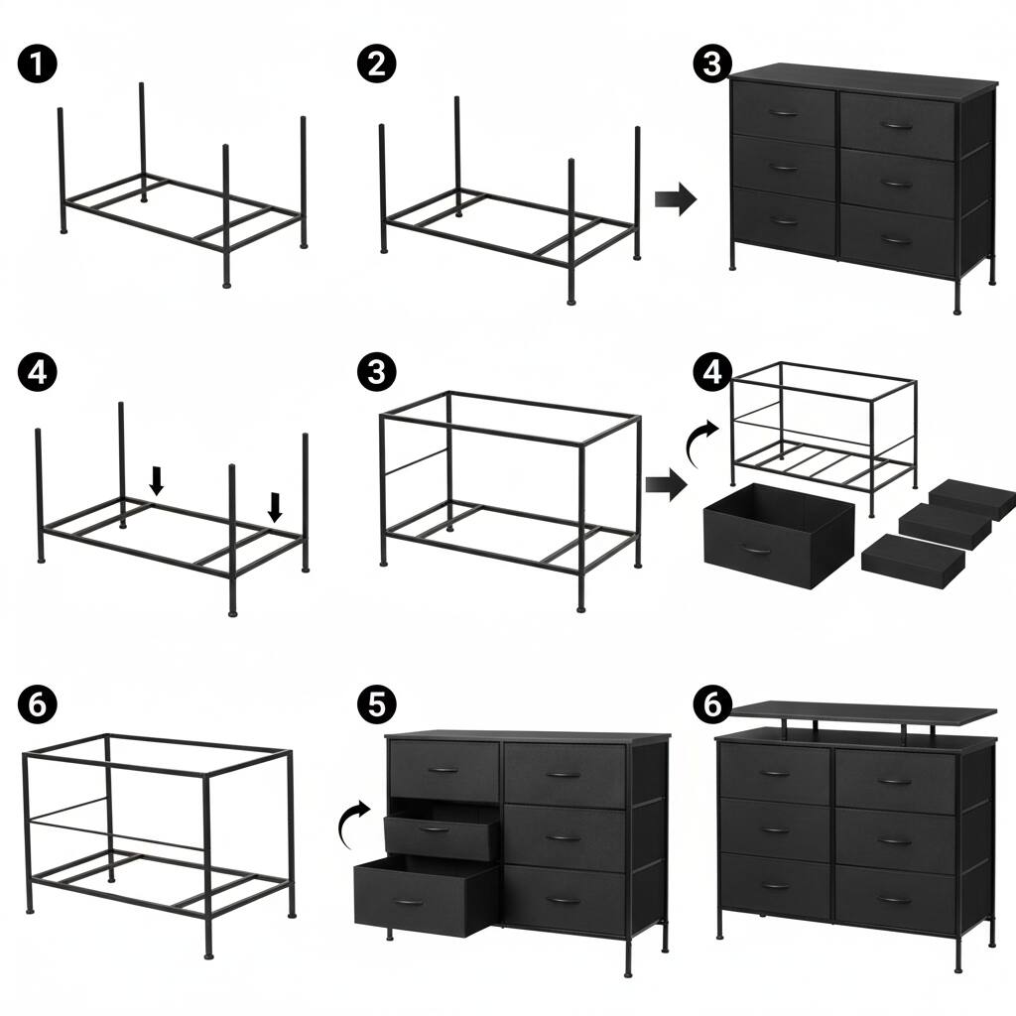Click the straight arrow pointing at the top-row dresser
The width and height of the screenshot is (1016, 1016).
[x=676, y=199]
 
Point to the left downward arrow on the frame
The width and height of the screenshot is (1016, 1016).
[x=156, y=480]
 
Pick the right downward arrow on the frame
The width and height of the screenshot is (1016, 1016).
[x=276, y=507]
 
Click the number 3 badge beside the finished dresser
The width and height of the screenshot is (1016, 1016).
[x=712, y=64]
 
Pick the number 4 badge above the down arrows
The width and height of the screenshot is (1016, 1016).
[x=38, y=372]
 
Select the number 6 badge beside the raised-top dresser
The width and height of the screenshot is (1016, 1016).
[x=712, y=703]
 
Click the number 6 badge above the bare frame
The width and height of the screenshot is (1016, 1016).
[x=38, y=703]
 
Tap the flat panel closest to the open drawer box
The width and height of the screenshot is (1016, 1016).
[x=900, y=555]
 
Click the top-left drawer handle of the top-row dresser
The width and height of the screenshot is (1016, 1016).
[x=783, y=114]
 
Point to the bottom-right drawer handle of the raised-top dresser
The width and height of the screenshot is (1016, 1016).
[x=896, y=899]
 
